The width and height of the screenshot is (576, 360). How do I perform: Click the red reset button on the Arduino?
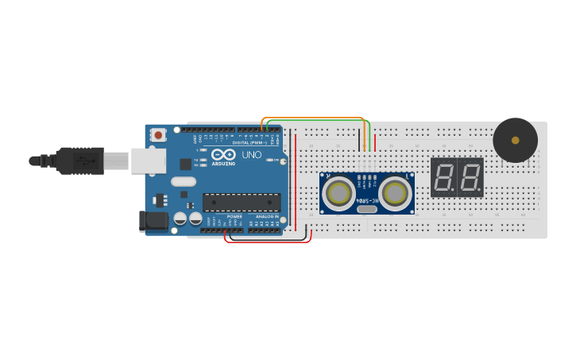(158, 135)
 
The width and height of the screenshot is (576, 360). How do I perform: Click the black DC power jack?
(153, 222)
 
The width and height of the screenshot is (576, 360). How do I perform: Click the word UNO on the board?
(251, 154)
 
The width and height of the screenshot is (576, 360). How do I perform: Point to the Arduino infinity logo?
(223, 154)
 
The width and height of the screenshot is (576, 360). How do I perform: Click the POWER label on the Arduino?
(234, 216)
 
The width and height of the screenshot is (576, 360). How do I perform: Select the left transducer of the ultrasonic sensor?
(338, 192)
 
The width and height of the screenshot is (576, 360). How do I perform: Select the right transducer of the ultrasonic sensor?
(395, 192)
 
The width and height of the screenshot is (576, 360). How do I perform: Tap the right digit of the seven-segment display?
(470, 177)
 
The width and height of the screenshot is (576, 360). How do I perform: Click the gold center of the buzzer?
(515, 141)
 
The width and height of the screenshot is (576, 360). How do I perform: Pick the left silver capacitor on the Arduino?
(180, 217)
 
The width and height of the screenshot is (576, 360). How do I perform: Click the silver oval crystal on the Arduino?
(183, 180)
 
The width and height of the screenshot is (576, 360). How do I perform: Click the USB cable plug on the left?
(79, 161)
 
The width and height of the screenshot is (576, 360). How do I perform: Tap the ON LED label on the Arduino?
(275, 160)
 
